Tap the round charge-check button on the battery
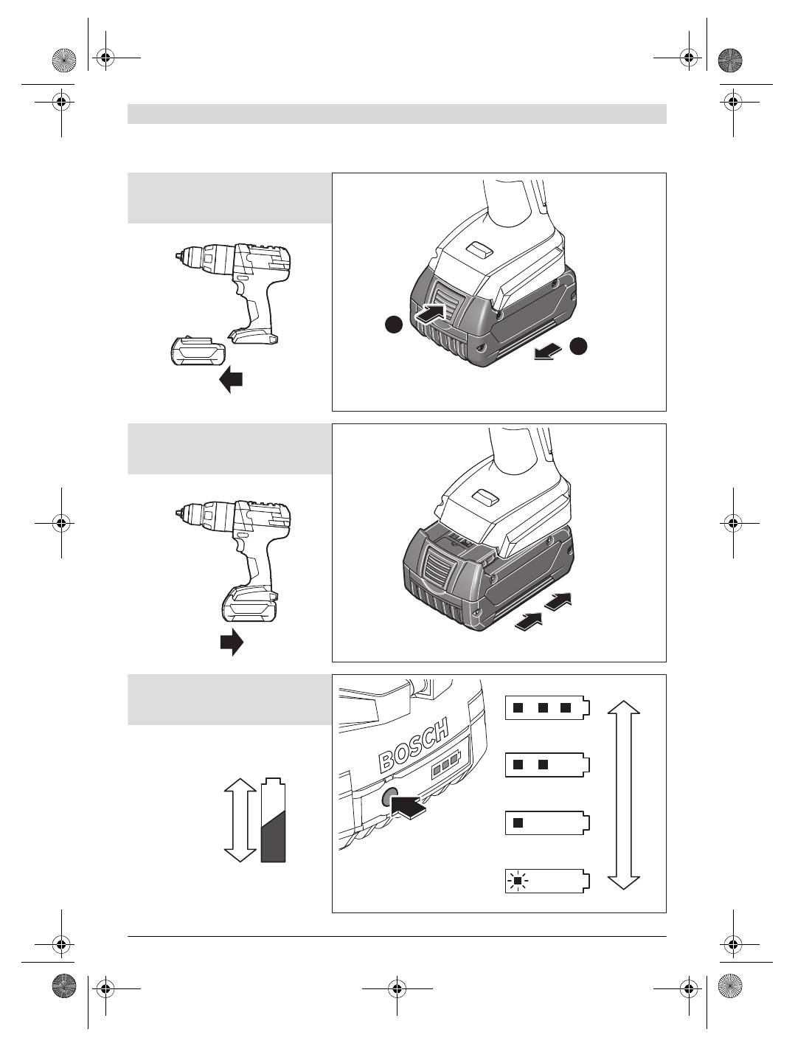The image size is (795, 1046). pos(389,797)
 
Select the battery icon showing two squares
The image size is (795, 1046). pos(548,765)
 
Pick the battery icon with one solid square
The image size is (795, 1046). pos(548,822)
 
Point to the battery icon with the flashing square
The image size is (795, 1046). pos(548,881)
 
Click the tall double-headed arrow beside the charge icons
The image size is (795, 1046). pos(624,794)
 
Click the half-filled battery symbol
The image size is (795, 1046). pos(273,820)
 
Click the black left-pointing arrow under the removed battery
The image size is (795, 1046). pos(232,380)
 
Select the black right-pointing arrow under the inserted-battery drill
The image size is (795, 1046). pos(232,642)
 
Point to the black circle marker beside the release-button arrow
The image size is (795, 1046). pos(394,324)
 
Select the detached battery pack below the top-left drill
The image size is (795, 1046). pos(195,353)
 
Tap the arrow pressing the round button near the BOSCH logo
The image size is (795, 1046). pos(412,806)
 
